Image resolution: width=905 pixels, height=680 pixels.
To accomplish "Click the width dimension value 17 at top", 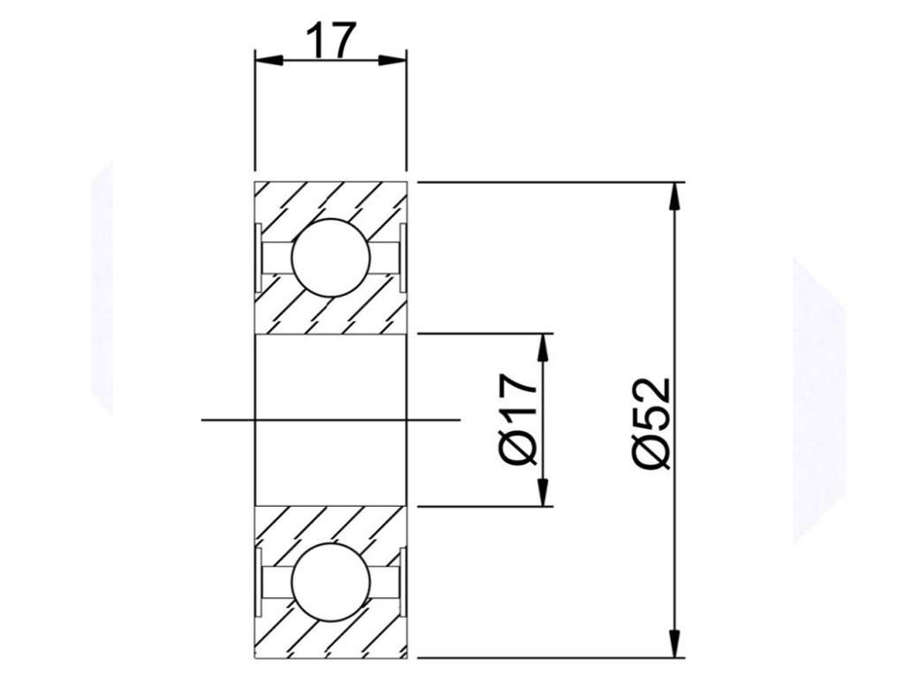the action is [331, 41].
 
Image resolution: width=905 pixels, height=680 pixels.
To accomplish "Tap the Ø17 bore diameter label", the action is [520, 419].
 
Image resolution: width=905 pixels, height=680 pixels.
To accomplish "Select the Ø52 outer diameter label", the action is [652, 425].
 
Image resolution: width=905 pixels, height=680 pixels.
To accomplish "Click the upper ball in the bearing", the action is [331, 258].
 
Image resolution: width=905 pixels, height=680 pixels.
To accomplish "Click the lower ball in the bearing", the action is [331, 582].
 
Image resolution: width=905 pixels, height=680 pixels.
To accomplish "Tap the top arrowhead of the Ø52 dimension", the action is [673, 195].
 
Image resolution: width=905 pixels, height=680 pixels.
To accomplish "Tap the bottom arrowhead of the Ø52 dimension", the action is [673, 644].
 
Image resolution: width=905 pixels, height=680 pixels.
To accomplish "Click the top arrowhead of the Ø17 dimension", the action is [543, 347].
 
